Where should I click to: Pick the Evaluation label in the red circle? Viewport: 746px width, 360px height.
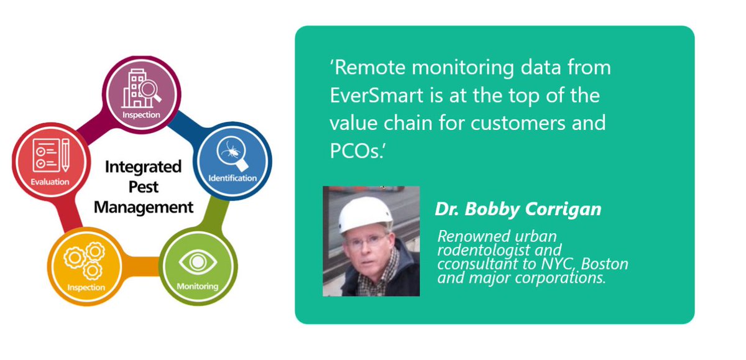pyautogui.click(x=50, y=182)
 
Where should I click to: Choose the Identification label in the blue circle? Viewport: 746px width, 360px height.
pyautogui.click(x=233, y=178)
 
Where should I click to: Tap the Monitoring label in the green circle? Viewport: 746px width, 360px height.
pyautogui.click(x=197, y=287)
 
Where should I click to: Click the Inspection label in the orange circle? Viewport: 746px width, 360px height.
pyautogui.click(x=86, y=288)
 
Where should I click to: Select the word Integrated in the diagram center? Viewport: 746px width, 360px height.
pyautogui.click(x=143, y=167)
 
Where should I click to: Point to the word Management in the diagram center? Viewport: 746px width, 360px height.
pyautogui.click(x=144, y=207)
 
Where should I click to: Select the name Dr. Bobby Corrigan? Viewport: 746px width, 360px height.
pyautogui.click(x=518, y=209)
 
